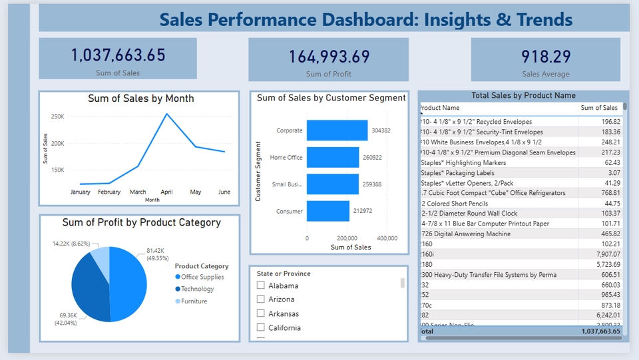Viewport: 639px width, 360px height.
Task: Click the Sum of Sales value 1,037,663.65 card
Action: coord(118,55)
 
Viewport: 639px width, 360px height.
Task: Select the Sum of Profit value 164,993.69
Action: coord(328,57)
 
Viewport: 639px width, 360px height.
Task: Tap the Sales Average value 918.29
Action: coord(546,57)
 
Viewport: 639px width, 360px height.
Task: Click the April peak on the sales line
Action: coord(166,114)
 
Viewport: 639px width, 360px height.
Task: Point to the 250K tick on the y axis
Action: coord(57,117)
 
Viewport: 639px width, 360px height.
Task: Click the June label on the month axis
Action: coord(224,192)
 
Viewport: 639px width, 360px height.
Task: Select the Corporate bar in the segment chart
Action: coord(337,130)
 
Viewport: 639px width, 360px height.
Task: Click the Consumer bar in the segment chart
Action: coord(328,212)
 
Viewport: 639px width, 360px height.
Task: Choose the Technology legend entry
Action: coord(198,289)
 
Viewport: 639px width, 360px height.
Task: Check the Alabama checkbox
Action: coord(261,285)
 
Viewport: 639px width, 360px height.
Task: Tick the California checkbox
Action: coord(261,327)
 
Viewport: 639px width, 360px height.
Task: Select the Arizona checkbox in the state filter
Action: coord(261,299)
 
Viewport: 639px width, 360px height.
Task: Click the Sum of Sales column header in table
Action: coord(598,108)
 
